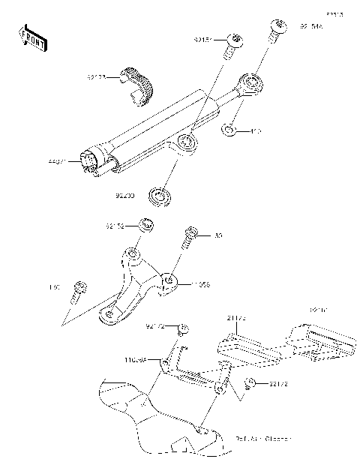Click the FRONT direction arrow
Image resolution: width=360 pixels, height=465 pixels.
pyautogui.click(x=33, y=37)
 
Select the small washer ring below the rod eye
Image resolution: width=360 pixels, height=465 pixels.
pyautogui.click(x=230, y=133)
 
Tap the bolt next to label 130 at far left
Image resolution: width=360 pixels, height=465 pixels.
pyautogui.click(x=79, y=289)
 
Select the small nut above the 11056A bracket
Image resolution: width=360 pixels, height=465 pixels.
pyautogui.click(x=182, y=328)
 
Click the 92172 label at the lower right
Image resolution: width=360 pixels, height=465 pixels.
pyautogui.click(x=278, y=384)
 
